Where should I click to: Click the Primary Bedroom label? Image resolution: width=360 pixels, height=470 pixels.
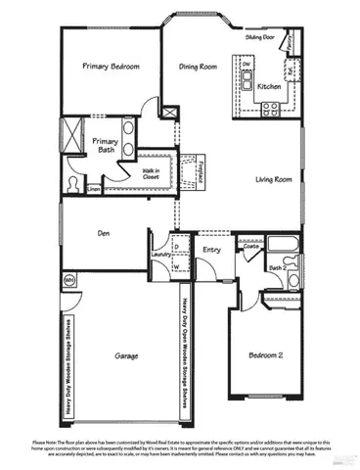pos(111,67)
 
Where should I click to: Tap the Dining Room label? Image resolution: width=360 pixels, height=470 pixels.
pos(198,67)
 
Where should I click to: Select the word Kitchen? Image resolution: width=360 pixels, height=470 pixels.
pos(270,87)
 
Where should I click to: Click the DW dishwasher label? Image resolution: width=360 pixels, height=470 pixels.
pos(247,64)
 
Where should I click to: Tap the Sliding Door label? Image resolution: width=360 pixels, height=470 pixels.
pos(259,35)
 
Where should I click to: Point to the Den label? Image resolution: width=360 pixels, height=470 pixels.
pos(102,233)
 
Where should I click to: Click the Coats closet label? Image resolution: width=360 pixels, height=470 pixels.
pos(251,248)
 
